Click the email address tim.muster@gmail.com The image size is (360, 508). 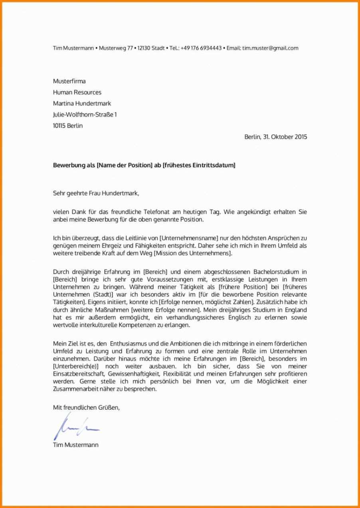[270, 48]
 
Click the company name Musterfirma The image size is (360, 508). [69, 81]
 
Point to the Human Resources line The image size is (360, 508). [77, 92]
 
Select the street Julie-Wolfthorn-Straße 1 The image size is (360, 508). [85, 115]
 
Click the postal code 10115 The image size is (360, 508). [60, 126]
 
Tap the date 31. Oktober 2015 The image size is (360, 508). [285, 137]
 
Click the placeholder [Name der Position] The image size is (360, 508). [125, 165]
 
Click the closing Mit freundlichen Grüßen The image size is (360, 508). [86, 408]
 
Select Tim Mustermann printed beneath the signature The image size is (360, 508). [75, 444]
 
